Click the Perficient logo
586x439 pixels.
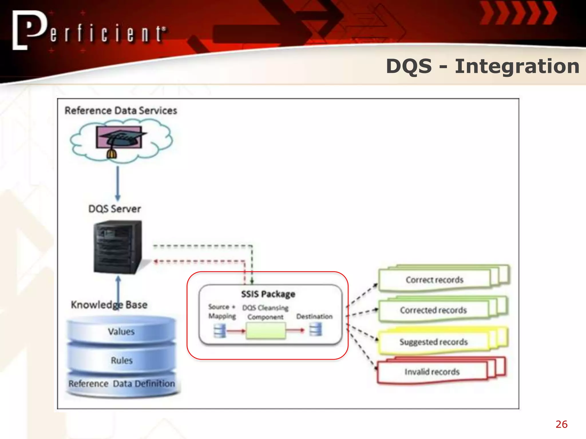click(89, 31)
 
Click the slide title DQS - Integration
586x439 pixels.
click(482, 66)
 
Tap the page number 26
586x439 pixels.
click(561, 424)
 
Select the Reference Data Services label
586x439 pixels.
click(121, 111)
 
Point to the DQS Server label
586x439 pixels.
click(114, 209)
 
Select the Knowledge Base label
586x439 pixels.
click(109, 305)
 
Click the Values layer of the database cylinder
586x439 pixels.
click(121, 332)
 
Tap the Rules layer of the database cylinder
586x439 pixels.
click(122, 360)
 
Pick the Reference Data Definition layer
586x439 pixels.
click(122, 384)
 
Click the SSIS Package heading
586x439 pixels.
click(268, 294)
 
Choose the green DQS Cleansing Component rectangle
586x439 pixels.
click(266, 331)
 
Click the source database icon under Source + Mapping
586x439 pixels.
click(220, 331)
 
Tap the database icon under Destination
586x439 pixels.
click(316, 330)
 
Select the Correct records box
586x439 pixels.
click(434, 280)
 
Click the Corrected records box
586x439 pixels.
click(433, 310)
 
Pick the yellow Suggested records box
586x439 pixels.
click(433, 342)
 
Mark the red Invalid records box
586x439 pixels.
click(432, 372)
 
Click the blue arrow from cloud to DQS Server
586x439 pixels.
click(118, 183)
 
